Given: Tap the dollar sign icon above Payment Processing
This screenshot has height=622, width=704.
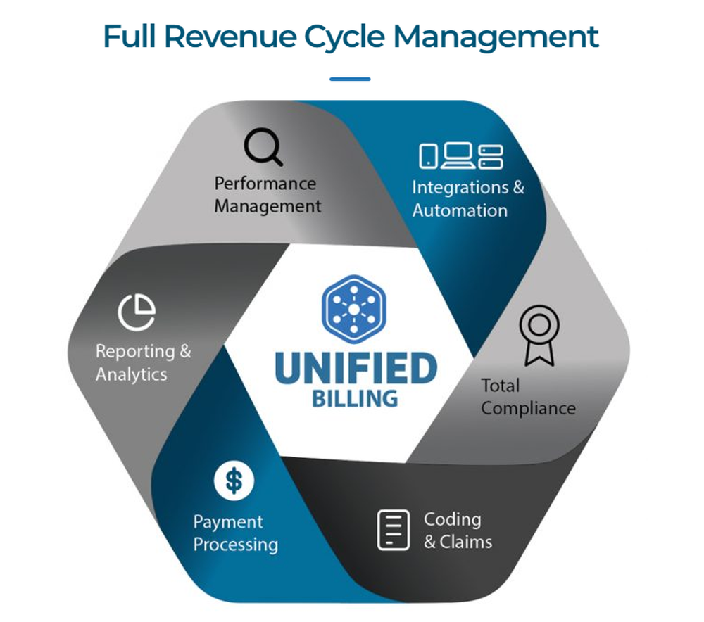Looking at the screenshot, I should pos(234,481).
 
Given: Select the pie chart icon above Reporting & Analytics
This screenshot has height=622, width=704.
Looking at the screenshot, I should pos(137,312).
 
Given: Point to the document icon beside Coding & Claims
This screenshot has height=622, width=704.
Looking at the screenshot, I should pos(393,530).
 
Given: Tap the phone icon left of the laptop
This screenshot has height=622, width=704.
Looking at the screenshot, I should pos(428,156).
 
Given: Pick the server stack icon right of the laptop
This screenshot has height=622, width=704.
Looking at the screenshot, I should pos(491,156).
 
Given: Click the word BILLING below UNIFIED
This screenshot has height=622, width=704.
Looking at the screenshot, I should pos(354,398).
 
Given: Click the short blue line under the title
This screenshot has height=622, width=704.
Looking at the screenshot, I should pos(350,79).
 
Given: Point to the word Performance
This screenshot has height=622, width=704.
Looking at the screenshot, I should pos(265,184).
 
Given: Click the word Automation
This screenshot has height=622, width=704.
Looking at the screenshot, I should pos(460,210).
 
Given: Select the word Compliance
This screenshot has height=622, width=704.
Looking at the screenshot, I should pos(529,408).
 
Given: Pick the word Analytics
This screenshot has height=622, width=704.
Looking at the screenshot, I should pos(132,374).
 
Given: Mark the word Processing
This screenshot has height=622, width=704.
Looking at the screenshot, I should pos(236,545).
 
